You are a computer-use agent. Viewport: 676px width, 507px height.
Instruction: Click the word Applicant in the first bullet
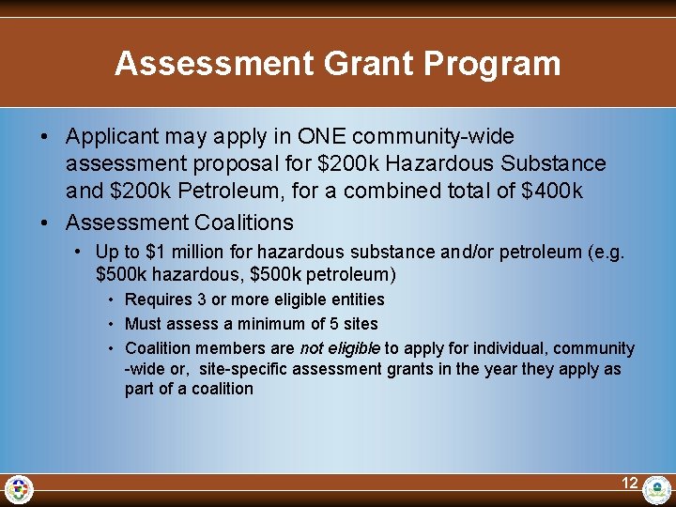[x=109, y=137]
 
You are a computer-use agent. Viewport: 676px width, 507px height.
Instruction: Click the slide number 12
[x=629, y=484]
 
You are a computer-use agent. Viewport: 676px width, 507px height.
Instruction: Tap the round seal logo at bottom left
[x=19, y=489]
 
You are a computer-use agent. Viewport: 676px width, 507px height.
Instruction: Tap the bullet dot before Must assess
[x=111, y=324]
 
